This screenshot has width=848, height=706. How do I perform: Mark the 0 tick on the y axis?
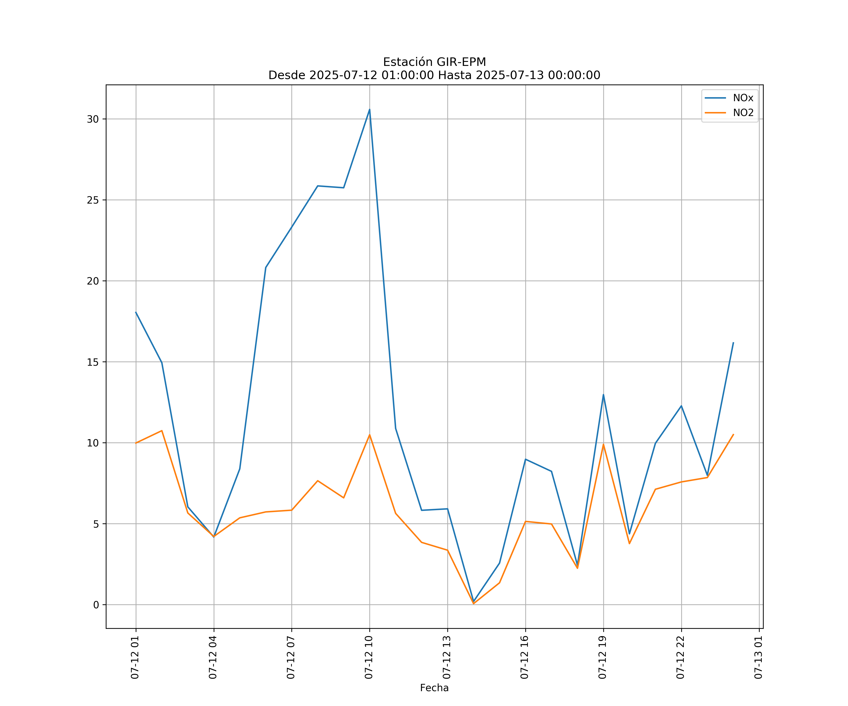pos(96,605)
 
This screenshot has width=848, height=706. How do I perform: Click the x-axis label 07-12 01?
pos(135,657)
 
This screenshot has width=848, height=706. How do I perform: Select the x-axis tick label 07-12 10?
pos(369,657)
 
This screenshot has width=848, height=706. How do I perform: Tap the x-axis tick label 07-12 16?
pos(525,657)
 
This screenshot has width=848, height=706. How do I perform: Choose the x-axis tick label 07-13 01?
pos(758,657)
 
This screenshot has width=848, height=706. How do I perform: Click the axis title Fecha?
pos(434,688)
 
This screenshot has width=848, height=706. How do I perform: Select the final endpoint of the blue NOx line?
pos(733,342)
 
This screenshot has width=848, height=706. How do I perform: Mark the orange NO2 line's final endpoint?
pos(733,434)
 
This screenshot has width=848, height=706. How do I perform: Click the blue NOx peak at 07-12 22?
pos(681,406)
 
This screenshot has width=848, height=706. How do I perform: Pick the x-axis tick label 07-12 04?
pos(213,657)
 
